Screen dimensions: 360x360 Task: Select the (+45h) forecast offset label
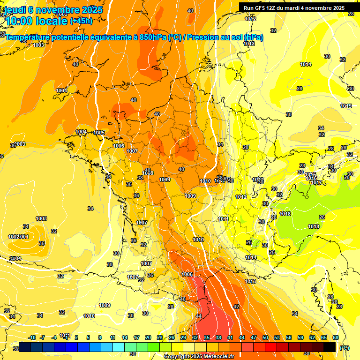point(81,21)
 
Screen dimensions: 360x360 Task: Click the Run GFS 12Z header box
point(294,8)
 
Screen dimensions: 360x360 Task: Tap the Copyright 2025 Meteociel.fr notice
point(198,357)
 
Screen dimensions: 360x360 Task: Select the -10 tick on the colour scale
point(32,337)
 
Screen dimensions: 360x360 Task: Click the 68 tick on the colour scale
point(335,337)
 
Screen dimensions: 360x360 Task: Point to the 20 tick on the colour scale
point(148,337)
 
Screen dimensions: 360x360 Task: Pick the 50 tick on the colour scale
point(265,337)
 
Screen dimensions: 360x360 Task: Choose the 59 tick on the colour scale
point(300,337)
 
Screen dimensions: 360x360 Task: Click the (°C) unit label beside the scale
point(345,348)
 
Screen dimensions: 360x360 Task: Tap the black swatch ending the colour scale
point(330,347)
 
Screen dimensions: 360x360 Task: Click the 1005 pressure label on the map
point(99,133)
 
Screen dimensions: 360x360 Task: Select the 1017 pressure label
point(317,182)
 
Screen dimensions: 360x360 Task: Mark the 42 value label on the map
point(236,307)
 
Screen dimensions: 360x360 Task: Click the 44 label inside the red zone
point(199,316)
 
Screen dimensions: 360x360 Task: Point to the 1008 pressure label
point(148,173)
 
